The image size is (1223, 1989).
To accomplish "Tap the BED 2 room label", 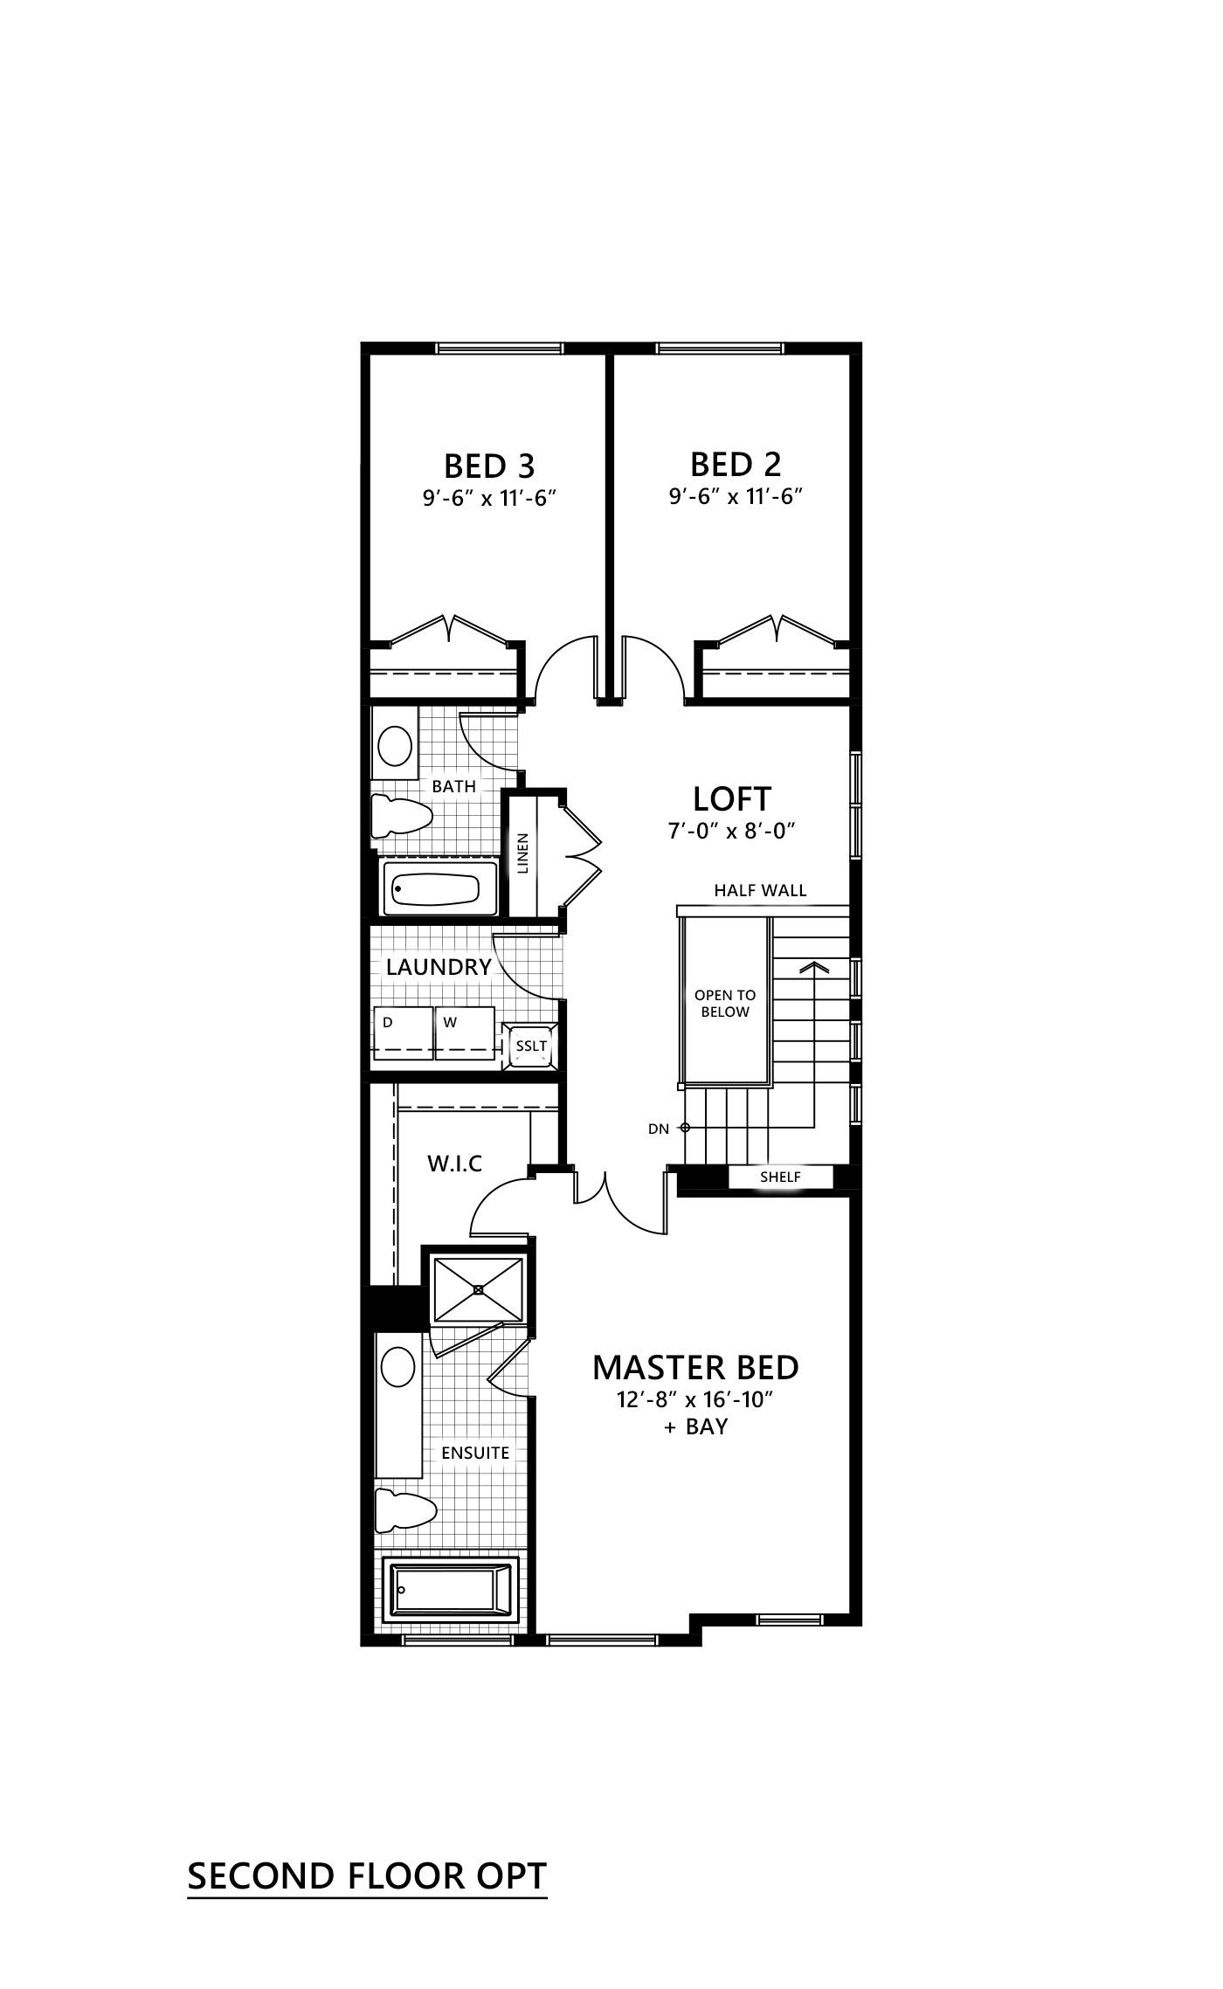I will point(736,464).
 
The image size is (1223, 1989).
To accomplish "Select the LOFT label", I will point(732,798).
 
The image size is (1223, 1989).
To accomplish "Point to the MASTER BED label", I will point(695,1367).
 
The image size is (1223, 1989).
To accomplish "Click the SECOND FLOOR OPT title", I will point(367,1875).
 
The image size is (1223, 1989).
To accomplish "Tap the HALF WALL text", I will point(760,890).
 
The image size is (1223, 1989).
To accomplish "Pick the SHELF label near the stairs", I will point(780,1178).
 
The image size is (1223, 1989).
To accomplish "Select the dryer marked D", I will point(403,1032).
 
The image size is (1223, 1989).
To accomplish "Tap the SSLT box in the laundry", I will point(531,1046).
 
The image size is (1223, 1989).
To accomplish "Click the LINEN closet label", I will point(523,853).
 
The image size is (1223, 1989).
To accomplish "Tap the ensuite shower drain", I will point(478,1289).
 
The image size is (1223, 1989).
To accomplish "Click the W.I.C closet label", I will point(454,1163).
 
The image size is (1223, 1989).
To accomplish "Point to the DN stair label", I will point(659,1129).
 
